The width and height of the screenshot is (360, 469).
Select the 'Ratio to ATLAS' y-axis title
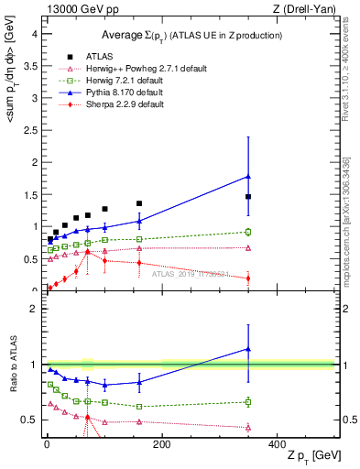13,365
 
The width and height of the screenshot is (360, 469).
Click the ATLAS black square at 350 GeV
248,197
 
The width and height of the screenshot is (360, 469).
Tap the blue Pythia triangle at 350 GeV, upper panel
248,176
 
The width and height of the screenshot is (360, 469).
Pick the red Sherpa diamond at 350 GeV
248,278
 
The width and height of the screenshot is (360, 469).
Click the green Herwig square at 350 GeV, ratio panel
248,401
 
